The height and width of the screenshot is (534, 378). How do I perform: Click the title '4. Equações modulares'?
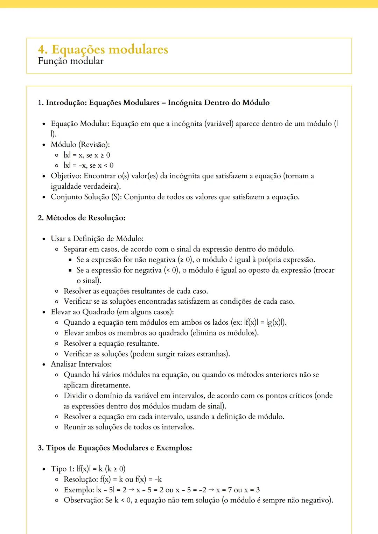pyautogui.click(x=103, y=49)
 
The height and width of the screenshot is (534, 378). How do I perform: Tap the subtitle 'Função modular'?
pyautogui.click(x=70, y=61)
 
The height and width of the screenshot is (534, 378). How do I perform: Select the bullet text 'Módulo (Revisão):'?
pyautogui.click(x=80, y=144)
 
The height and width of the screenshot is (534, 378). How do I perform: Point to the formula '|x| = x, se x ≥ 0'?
pyautogui.click(x=87, y=155)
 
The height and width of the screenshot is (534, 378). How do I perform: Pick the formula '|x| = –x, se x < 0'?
pyautogui.click(x=88, y=165)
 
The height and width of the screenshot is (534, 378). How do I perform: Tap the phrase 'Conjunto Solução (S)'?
pyautogui.click(x=86, y=197)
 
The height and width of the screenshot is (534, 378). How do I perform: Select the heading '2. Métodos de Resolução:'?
pyautogui.click(x=82, y=218)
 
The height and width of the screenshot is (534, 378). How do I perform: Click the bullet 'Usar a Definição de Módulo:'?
pyautogui.click(x=97, y=239)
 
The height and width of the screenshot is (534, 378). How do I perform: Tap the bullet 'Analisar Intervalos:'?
pyautogui.click(x=81, y=364)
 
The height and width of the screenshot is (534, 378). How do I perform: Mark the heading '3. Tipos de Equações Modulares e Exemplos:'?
pyautogui.click(x=115, y=448)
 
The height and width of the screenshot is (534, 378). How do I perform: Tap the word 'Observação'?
pyautogui.click(x=83, y=500)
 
